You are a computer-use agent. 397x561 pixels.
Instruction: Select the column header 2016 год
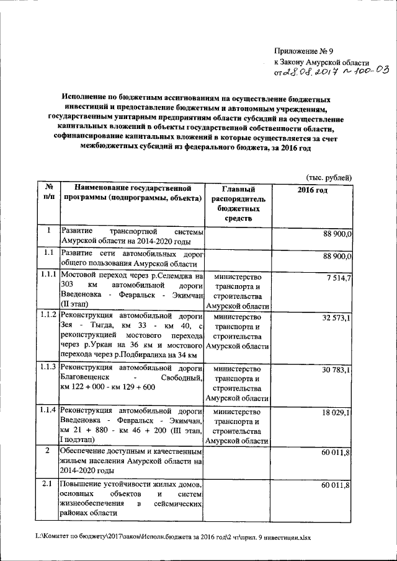[312, 190]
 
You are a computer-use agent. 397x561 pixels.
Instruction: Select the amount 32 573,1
[336, 318]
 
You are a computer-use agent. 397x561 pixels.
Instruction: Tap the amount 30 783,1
[336, 370]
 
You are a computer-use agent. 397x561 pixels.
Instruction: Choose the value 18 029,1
[336, 412]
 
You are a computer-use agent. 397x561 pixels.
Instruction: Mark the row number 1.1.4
[47, 410]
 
